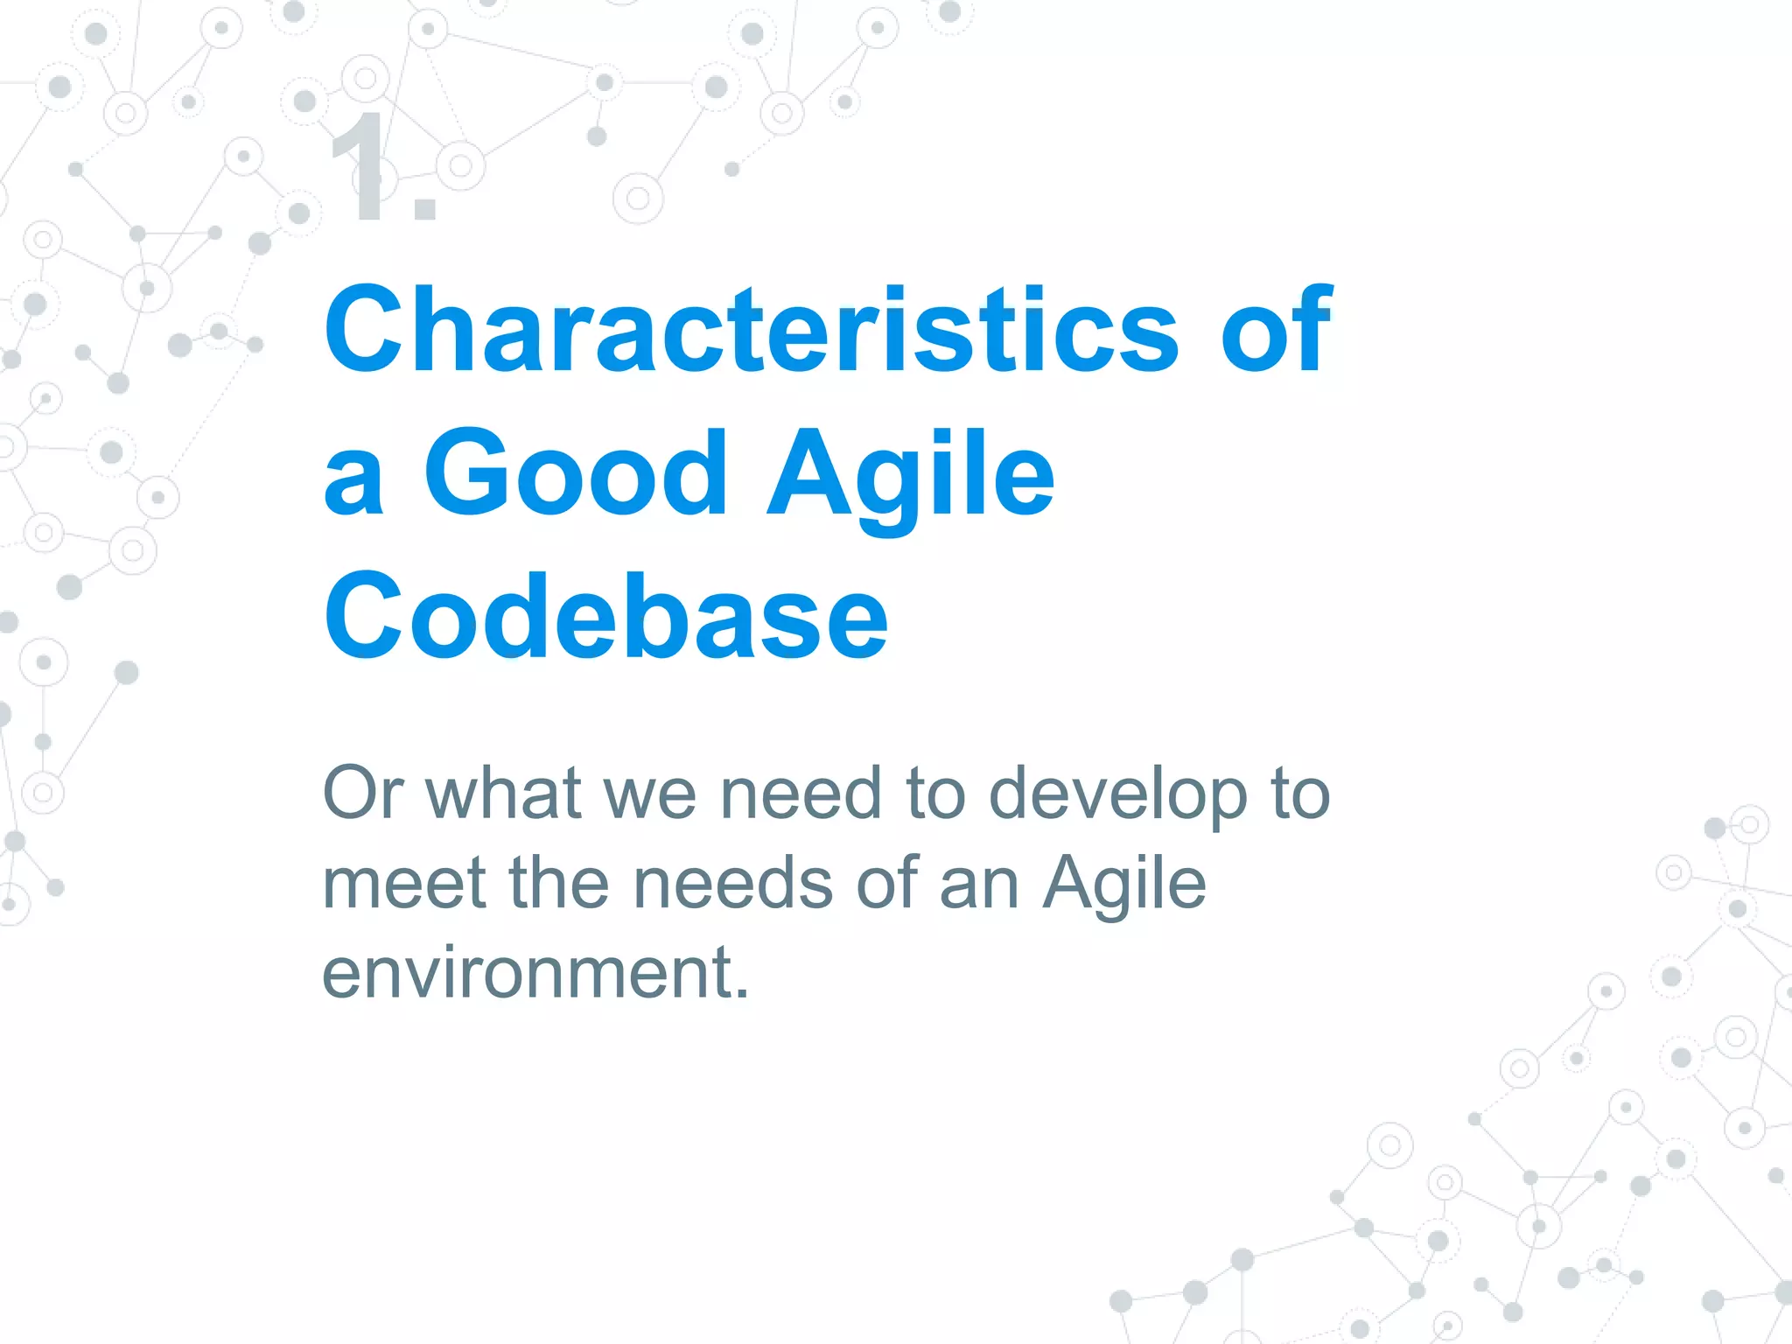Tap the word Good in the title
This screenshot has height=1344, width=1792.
pyautogui.click(x=576, y=473)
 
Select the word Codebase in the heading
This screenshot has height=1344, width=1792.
pyautogui.click(x=605, y=617)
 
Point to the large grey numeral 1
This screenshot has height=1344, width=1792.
pyautogui.click(x=361, y=168)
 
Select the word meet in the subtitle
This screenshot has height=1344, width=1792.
pyautogui.click(x=403, y=884)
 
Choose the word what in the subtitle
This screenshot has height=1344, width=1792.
pyautogui.click(x=504, y=793)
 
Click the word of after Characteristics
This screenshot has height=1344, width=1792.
pyautogui.click(x=1276, y=331)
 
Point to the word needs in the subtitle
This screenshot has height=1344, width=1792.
pyautogui.click(x=732, y=884)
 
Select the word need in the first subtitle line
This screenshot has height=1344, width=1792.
pyautogui.click(x=800, y=793)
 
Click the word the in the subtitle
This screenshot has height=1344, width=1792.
pyautogui.click(x=559, y=884)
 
